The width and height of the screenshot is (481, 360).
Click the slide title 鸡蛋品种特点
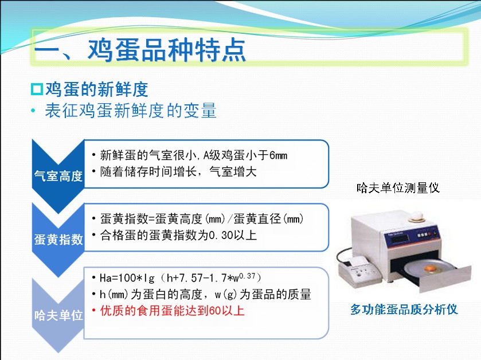(167, 49)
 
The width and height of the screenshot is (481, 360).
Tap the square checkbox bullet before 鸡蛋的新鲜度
(37, 89)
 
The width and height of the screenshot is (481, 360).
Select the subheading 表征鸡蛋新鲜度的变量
(131, 111)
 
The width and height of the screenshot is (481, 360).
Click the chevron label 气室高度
(58, 176)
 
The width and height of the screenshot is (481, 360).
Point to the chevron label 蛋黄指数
(58, 239)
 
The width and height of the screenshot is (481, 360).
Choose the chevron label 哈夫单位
(58, 315)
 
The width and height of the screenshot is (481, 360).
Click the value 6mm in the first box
(278, 155)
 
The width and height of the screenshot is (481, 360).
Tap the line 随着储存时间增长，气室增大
(178, 172)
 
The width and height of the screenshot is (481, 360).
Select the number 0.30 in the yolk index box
(221, 235)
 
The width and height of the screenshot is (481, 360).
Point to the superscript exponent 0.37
(247, 276)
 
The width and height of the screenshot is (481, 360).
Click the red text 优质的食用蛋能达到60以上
(173, 311)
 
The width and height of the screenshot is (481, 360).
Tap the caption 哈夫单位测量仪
(398, 187)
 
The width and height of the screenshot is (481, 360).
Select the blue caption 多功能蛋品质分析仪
(404, 309)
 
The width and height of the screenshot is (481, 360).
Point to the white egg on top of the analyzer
(416, 216)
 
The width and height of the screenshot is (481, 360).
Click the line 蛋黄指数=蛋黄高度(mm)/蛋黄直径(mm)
(202, 219)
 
